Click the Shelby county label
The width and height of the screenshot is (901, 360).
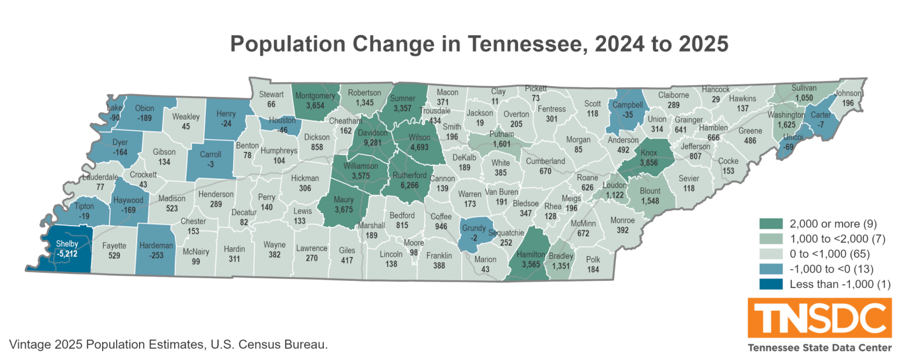[66, 243]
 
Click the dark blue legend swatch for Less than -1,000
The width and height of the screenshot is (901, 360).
[772, 284]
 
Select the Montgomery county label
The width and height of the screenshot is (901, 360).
[315, 95]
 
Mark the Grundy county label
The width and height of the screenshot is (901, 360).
[473, 227]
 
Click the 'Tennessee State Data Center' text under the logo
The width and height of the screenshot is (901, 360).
[815, 348]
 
